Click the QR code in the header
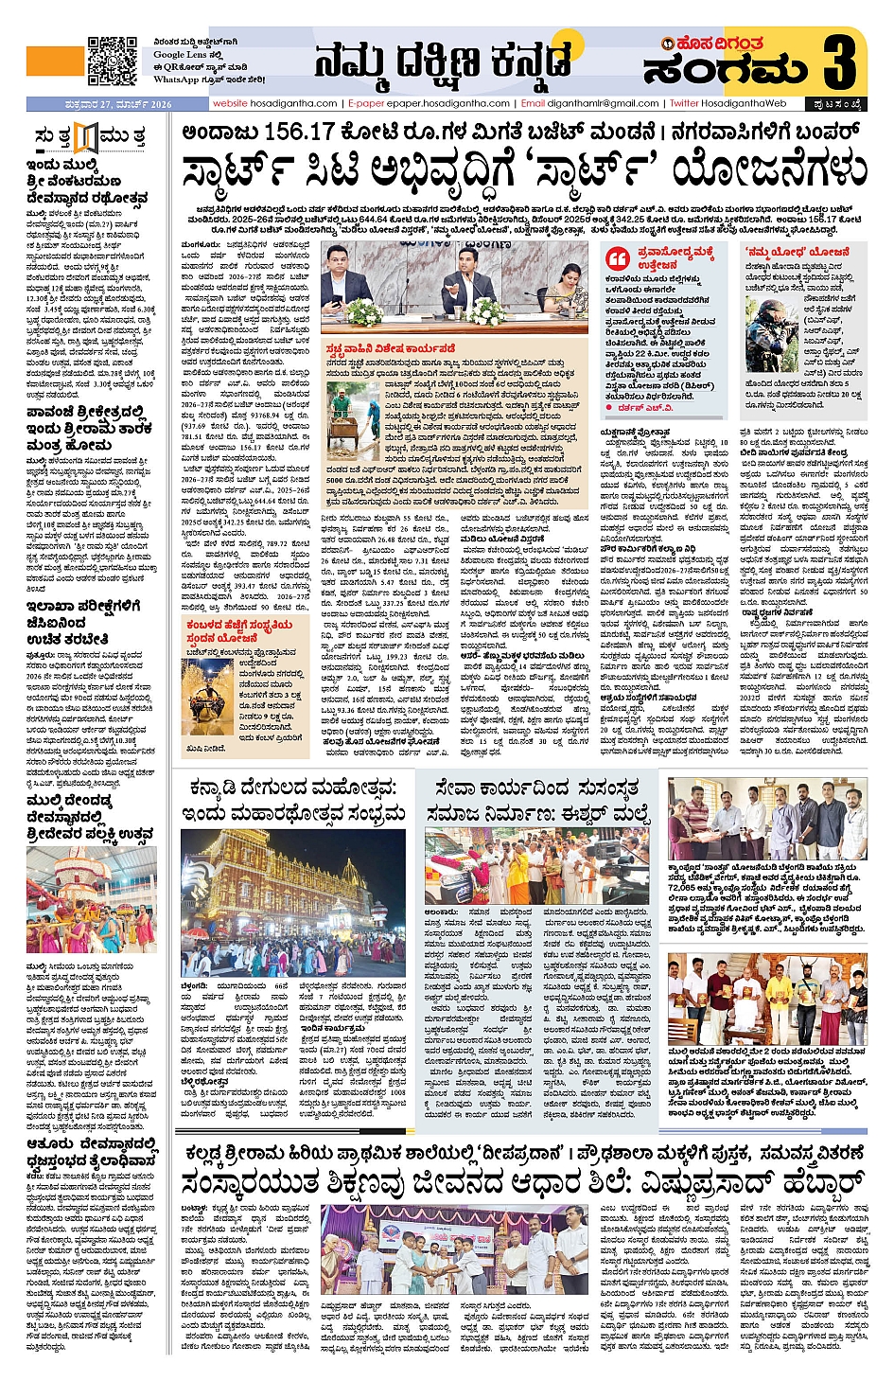tap(113, 61)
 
